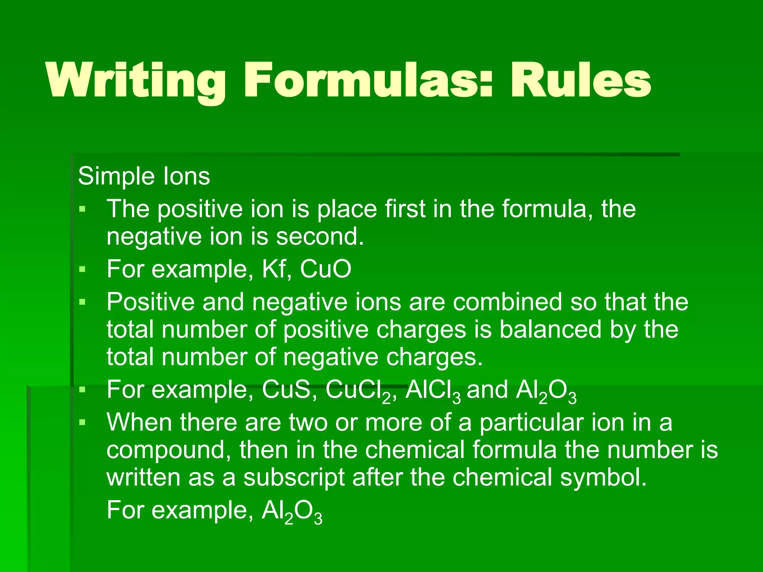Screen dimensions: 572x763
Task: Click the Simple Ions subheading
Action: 144,176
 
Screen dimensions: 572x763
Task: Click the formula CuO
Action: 325,269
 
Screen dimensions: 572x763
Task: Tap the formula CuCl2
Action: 358,391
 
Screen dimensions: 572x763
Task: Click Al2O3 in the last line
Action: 292,511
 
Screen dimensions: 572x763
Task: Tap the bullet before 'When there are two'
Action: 82,423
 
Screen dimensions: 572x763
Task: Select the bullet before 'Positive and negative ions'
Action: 82,302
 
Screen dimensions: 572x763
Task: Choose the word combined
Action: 507,302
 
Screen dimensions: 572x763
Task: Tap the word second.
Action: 320,237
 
